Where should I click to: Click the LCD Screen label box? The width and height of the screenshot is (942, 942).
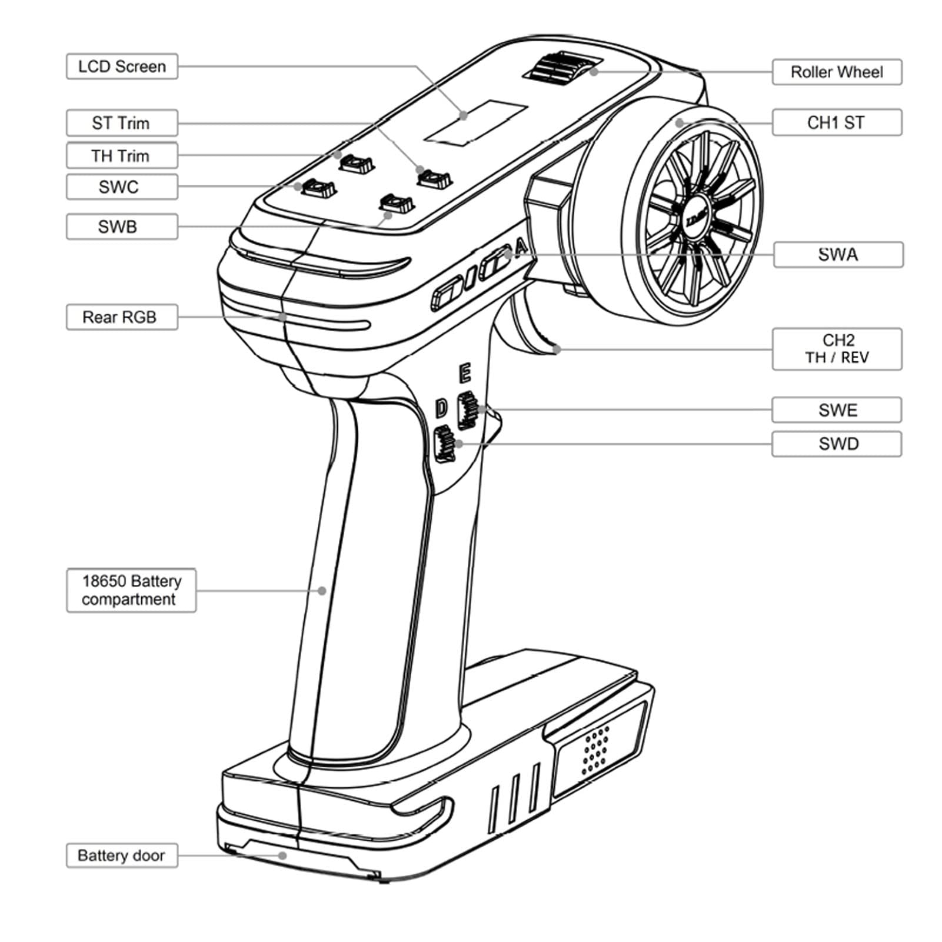(x=122, y=66)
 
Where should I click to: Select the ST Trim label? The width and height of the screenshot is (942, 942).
(x=122, y=123)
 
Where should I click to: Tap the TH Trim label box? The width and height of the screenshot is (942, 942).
(x=122, y=156)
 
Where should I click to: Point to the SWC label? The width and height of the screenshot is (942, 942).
(x=122, y=187)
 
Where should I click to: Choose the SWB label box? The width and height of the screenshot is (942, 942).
(x=122, y=227)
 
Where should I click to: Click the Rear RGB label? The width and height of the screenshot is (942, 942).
(x=122, y=317)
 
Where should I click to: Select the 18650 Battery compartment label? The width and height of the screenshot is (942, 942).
(x=131, y=590)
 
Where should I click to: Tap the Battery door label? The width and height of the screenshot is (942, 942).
(x=122, y=855)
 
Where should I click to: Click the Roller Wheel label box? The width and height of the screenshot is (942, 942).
(x=837, y=72)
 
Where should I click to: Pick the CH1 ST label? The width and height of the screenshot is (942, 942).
(x=837, y=122)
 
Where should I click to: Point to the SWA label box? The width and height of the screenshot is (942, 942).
(x=838, y=255)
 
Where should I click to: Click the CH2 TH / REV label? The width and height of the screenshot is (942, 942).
(x=837, y=349)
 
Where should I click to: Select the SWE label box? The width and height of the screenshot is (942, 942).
(x=837, y=410)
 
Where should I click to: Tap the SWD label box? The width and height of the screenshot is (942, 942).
(x=837, y=444)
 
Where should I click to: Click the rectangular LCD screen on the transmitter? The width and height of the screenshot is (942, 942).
(x=475, y=122)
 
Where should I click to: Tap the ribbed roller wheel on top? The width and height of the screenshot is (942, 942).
(x=563, y=68)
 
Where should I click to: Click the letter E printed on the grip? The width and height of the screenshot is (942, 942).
(x=465, y=373)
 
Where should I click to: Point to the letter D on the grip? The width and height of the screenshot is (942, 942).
(x=442, y=408)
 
